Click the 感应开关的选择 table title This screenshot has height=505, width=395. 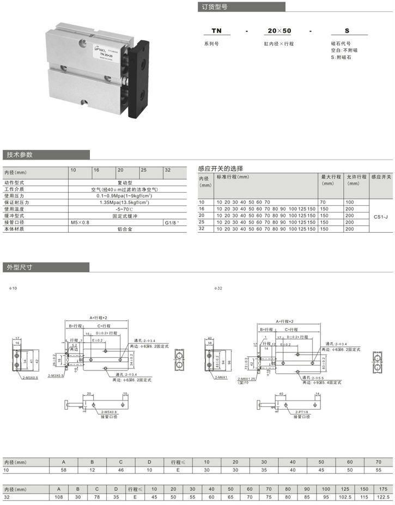221,169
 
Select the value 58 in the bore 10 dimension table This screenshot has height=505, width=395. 63,470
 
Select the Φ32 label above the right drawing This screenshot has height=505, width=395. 218,288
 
